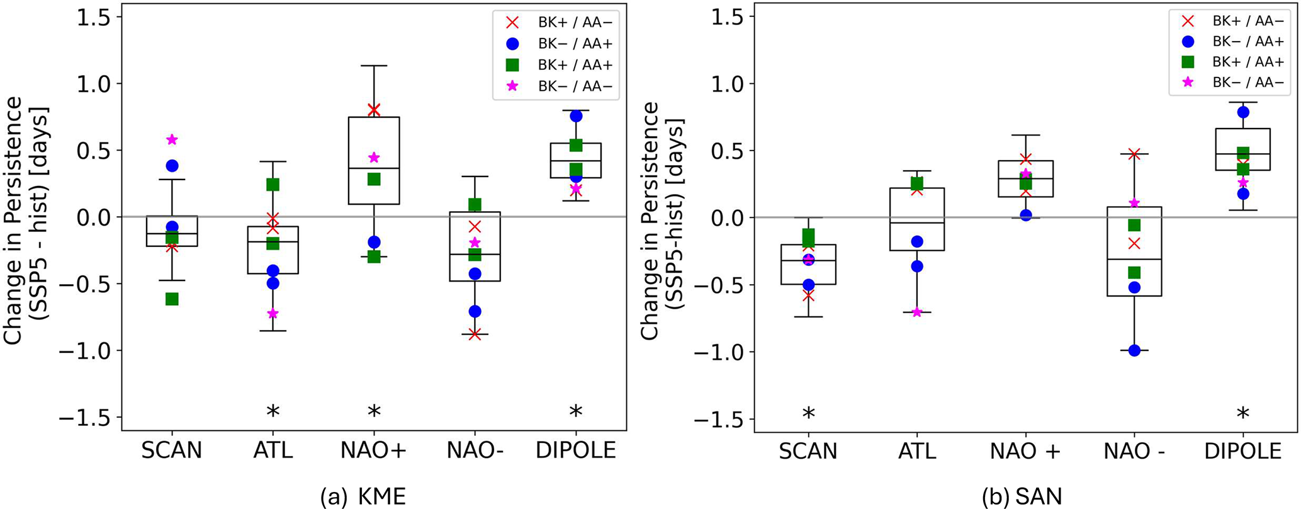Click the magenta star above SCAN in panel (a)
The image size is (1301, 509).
pyautogui.click(x=172, y=139)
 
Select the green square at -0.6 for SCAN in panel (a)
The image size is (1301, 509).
pyautogui.click(x=172, y=299)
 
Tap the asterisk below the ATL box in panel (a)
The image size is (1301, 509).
pyautogui.click(x=273, y=412)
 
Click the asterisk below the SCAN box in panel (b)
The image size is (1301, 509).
pyautogui.click(x=808, y=415)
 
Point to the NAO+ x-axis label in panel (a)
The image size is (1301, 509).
pyautogui.click(x=374, y=450)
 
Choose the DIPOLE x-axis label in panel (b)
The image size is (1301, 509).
pyautogui.click(x=1242, y=451)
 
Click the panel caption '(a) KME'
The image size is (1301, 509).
pyautogui.click(x=363, y=497)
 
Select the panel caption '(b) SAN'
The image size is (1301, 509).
pyautogui.click(x=1022, y=497)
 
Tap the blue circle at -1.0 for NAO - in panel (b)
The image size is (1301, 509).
pyautogui.click(x=1134, y=351)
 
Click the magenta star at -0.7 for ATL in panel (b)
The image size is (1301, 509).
pyautogui.click(x=917, y=312)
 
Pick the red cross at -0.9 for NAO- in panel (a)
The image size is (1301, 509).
pyautogui.click(x=475, y=334)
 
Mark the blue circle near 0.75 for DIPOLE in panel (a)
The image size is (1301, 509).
pyautogui.click(x=576, y=116)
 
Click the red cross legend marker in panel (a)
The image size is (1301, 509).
pyautogui.click(x=512, y=23)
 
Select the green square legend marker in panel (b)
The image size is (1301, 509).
pyautogui.click(x=1188, y=61)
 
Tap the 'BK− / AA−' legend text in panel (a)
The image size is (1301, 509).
pyautogui.click(x=575, y=86)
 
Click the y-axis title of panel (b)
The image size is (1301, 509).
pyautogui.click(x=662, y=220)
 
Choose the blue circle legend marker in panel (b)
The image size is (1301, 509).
pyautogui.click(x=1188, y=42)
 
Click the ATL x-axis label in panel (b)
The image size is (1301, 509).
pyautogui.click(x=917, y=451)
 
